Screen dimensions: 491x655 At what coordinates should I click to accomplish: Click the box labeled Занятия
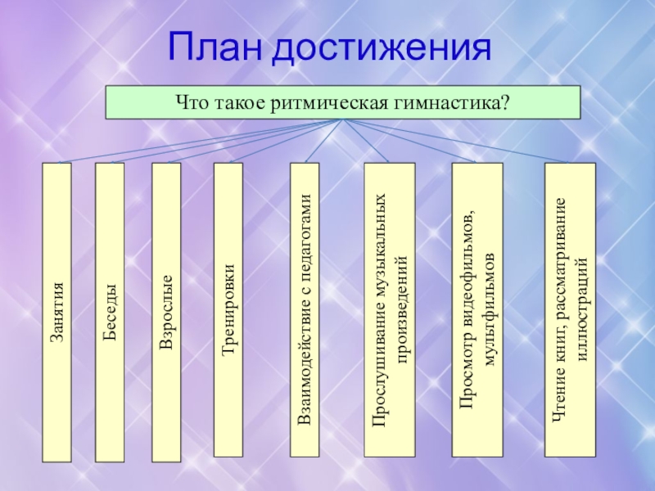tap(57, 311)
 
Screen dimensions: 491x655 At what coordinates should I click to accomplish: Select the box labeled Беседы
tap(110, 311)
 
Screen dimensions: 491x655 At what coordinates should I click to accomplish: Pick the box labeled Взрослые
tap(166, 311)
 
